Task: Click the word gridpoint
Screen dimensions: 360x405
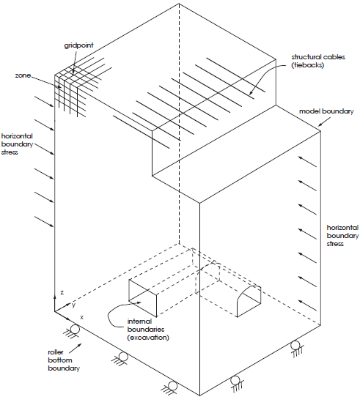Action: point(78,45)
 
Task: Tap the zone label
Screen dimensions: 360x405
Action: point(23,75)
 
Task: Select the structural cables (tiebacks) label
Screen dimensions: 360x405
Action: point(318,61)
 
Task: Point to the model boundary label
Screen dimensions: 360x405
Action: point(326,111)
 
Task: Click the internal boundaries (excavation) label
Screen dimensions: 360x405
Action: point(148,330)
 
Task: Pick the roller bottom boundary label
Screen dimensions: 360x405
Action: point(64,360)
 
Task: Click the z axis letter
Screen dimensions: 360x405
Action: point(62,292)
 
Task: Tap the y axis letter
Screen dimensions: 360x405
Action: point(74,305)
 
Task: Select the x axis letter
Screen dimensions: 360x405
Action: point(81,317)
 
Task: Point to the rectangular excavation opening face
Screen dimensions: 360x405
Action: point(143,298)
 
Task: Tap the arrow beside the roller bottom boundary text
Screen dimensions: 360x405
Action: point(76,348)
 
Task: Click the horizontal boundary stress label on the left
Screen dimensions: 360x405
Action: point(17,144)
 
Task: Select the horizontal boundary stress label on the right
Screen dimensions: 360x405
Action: point(342,236)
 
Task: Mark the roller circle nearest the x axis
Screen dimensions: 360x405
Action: point(75,330)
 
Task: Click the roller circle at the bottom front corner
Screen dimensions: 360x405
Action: point(172,386)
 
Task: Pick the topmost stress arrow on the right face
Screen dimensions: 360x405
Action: point(307,161)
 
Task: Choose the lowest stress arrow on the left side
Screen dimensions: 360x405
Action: point(44,222)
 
